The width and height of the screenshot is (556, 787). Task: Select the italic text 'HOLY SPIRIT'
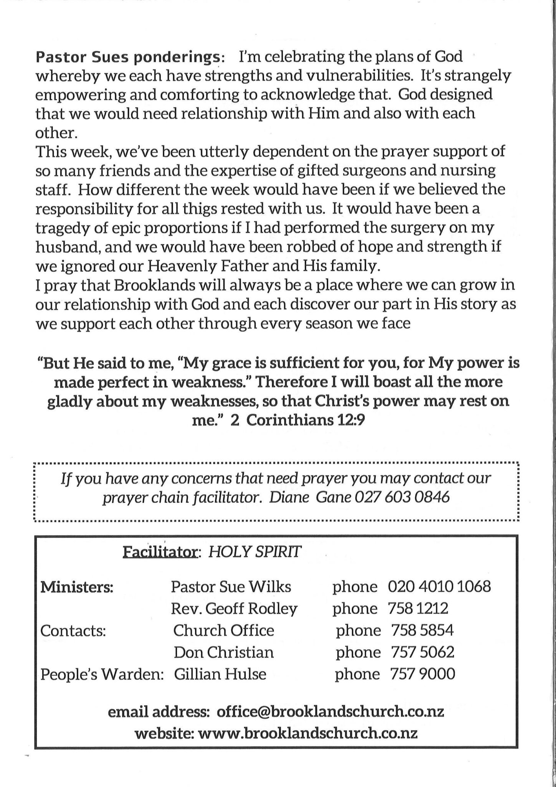(x=255, y=553)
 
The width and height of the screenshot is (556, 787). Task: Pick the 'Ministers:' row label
(x=77, y=587)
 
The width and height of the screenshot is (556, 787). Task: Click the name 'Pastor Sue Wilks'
(x=231, y=587)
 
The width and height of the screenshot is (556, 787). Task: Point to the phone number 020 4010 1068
(x=439, y=587)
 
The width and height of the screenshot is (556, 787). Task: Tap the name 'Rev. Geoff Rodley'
(x=234, y=609)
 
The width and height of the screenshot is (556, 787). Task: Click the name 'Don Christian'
(x=224, y=653)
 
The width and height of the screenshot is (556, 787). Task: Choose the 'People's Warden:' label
(x=102, y=674)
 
